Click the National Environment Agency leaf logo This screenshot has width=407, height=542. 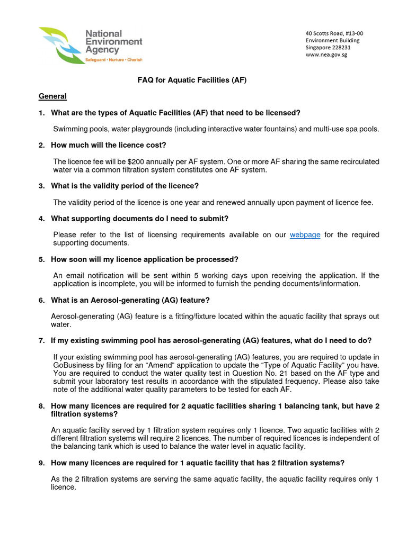click(x=60, y=44)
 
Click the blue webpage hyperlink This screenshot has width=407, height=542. click(x=305, y=234)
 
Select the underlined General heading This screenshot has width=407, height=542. click(x=52, y=96)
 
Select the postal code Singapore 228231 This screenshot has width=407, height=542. click(x=328, y=48)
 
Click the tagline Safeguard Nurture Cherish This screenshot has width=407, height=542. click(x=114, y=60)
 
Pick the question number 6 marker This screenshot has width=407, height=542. click(x=41, y=300)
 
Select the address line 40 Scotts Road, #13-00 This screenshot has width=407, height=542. click(x=334, y=33)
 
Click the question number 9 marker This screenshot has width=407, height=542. click(x=41, y=463)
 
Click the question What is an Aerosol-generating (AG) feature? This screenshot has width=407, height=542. click(x=130, y=300)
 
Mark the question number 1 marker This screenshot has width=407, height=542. click(x=41, y=113)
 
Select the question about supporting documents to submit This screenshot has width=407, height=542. click(x=139, y=219)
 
